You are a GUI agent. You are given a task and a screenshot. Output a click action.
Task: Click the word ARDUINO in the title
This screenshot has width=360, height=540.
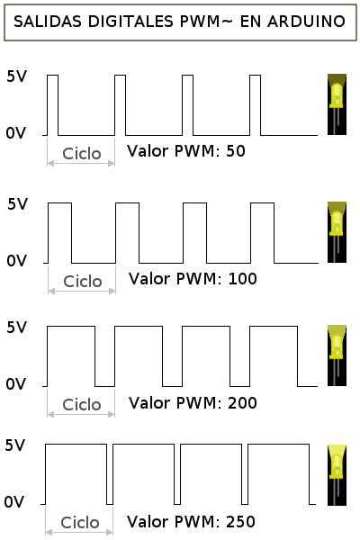coord(306,22)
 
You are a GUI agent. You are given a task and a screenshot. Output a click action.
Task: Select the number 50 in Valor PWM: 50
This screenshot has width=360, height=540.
coord(236,151)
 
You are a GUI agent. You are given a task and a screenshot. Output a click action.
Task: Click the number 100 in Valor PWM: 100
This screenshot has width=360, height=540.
coord(242,279)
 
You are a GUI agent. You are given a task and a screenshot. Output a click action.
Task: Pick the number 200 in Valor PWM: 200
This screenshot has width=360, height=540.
coord(242,402)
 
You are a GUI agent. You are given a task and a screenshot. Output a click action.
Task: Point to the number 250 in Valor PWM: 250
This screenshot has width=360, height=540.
coord(240,521)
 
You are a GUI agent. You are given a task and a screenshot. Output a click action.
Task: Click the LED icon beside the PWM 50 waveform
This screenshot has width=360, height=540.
coord(337,104)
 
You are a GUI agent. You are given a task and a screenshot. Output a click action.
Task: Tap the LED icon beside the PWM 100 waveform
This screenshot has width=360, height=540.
coord(337,232)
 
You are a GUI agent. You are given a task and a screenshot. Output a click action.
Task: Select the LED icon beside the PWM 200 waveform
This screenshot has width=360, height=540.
coord(337,355)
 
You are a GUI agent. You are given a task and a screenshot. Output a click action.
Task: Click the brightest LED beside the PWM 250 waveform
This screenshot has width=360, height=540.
coord(337,475)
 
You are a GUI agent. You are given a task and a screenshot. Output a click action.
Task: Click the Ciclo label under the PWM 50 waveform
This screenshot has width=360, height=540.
coord(82,154)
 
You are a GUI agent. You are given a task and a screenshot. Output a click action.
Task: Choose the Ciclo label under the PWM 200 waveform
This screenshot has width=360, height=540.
coord(82,405)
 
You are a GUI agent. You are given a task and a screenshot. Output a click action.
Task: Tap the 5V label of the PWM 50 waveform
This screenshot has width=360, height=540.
coord(16,76)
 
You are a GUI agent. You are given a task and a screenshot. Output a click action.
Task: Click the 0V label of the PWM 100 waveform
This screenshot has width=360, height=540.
coord(16,261)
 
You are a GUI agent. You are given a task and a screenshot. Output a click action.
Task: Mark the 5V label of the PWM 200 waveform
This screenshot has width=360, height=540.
coord(16,328)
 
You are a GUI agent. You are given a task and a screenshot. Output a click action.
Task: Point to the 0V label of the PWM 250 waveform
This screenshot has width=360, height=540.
coord(14,502)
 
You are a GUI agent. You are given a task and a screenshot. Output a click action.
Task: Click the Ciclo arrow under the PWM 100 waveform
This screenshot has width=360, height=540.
coord(82,292)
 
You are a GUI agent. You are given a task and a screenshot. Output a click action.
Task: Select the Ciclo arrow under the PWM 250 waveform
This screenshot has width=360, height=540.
coord(79,533)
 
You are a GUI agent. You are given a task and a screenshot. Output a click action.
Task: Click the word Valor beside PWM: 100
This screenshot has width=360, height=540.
coord(148,279)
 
